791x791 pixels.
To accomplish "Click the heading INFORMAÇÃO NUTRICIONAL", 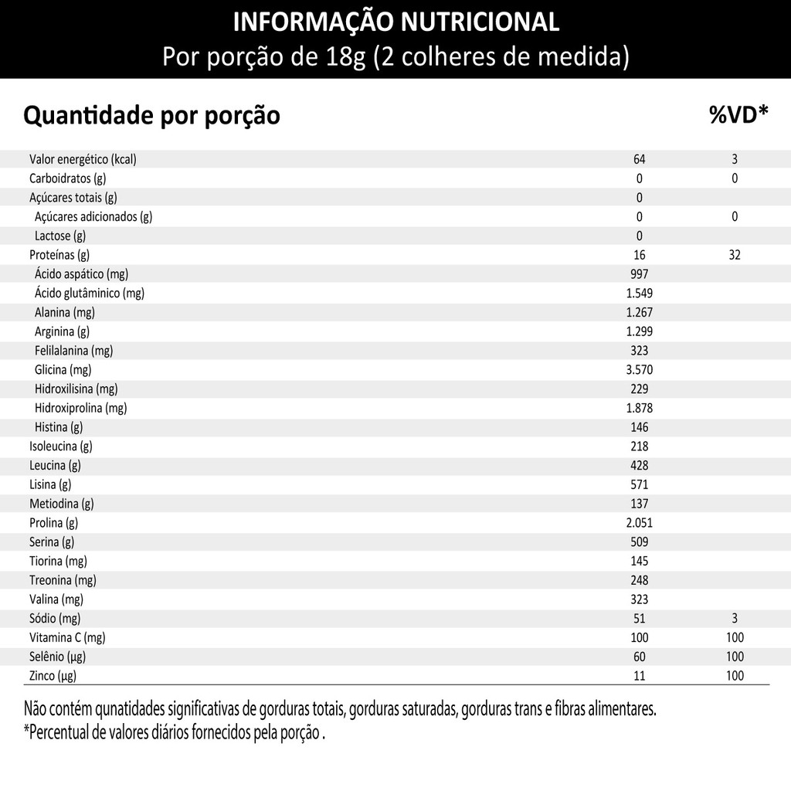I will click(395, 22).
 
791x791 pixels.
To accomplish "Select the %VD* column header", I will click(738, 115).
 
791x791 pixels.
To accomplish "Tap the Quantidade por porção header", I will click(151, 116).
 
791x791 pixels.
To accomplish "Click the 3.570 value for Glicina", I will click(639, 370).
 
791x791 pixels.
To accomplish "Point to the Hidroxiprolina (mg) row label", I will click(80, 408).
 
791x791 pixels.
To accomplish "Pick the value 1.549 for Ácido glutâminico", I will click(639, 294).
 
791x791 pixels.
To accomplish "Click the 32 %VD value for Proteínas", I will click(735, 255).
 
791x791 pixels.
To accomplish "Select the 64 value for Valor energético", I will click(639, 159).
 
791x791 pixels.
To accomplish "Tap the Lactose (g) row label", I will click(59, 236).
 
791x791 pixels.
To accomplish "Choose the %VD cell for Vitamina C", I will click(735, 637).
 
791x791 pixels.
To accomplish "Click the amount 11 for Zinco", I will click(639, 676).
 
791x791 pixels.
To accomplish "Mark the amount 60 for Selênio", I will click(639, 657).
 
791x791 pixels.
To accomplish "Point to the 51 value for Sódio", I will click(639, 618).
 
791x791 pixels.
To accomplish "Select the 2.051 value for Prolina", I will click(639, 523).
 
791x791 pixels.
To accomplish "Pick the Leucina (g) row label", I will click(55, 465).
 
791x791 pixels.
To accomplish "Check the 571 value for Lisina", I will click(639, 484).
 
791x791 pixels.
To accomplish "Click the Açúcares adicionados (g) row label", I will click(93, 216).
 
